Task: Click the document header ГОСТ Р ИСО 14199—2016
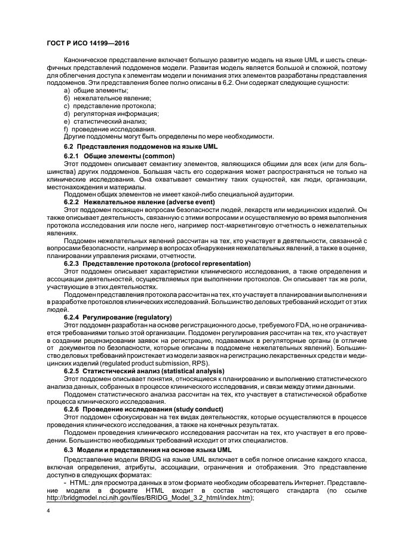pos(88,44)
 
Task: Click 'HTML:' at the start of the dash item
pos(78,483)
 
